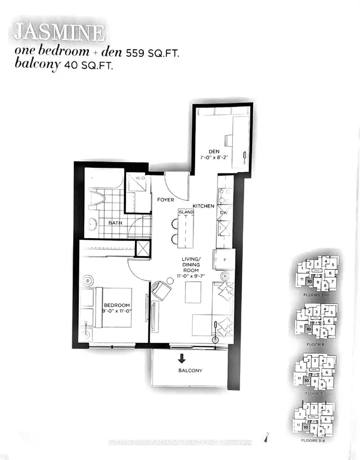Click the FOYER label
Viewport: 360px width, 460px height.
point(166,200)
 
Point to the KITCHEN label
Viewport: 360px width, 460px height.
point(204,207)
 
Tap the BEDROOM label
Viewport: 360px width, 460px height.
point(116,306)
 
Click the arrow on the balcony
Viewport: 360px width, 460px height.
point(182,358)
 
